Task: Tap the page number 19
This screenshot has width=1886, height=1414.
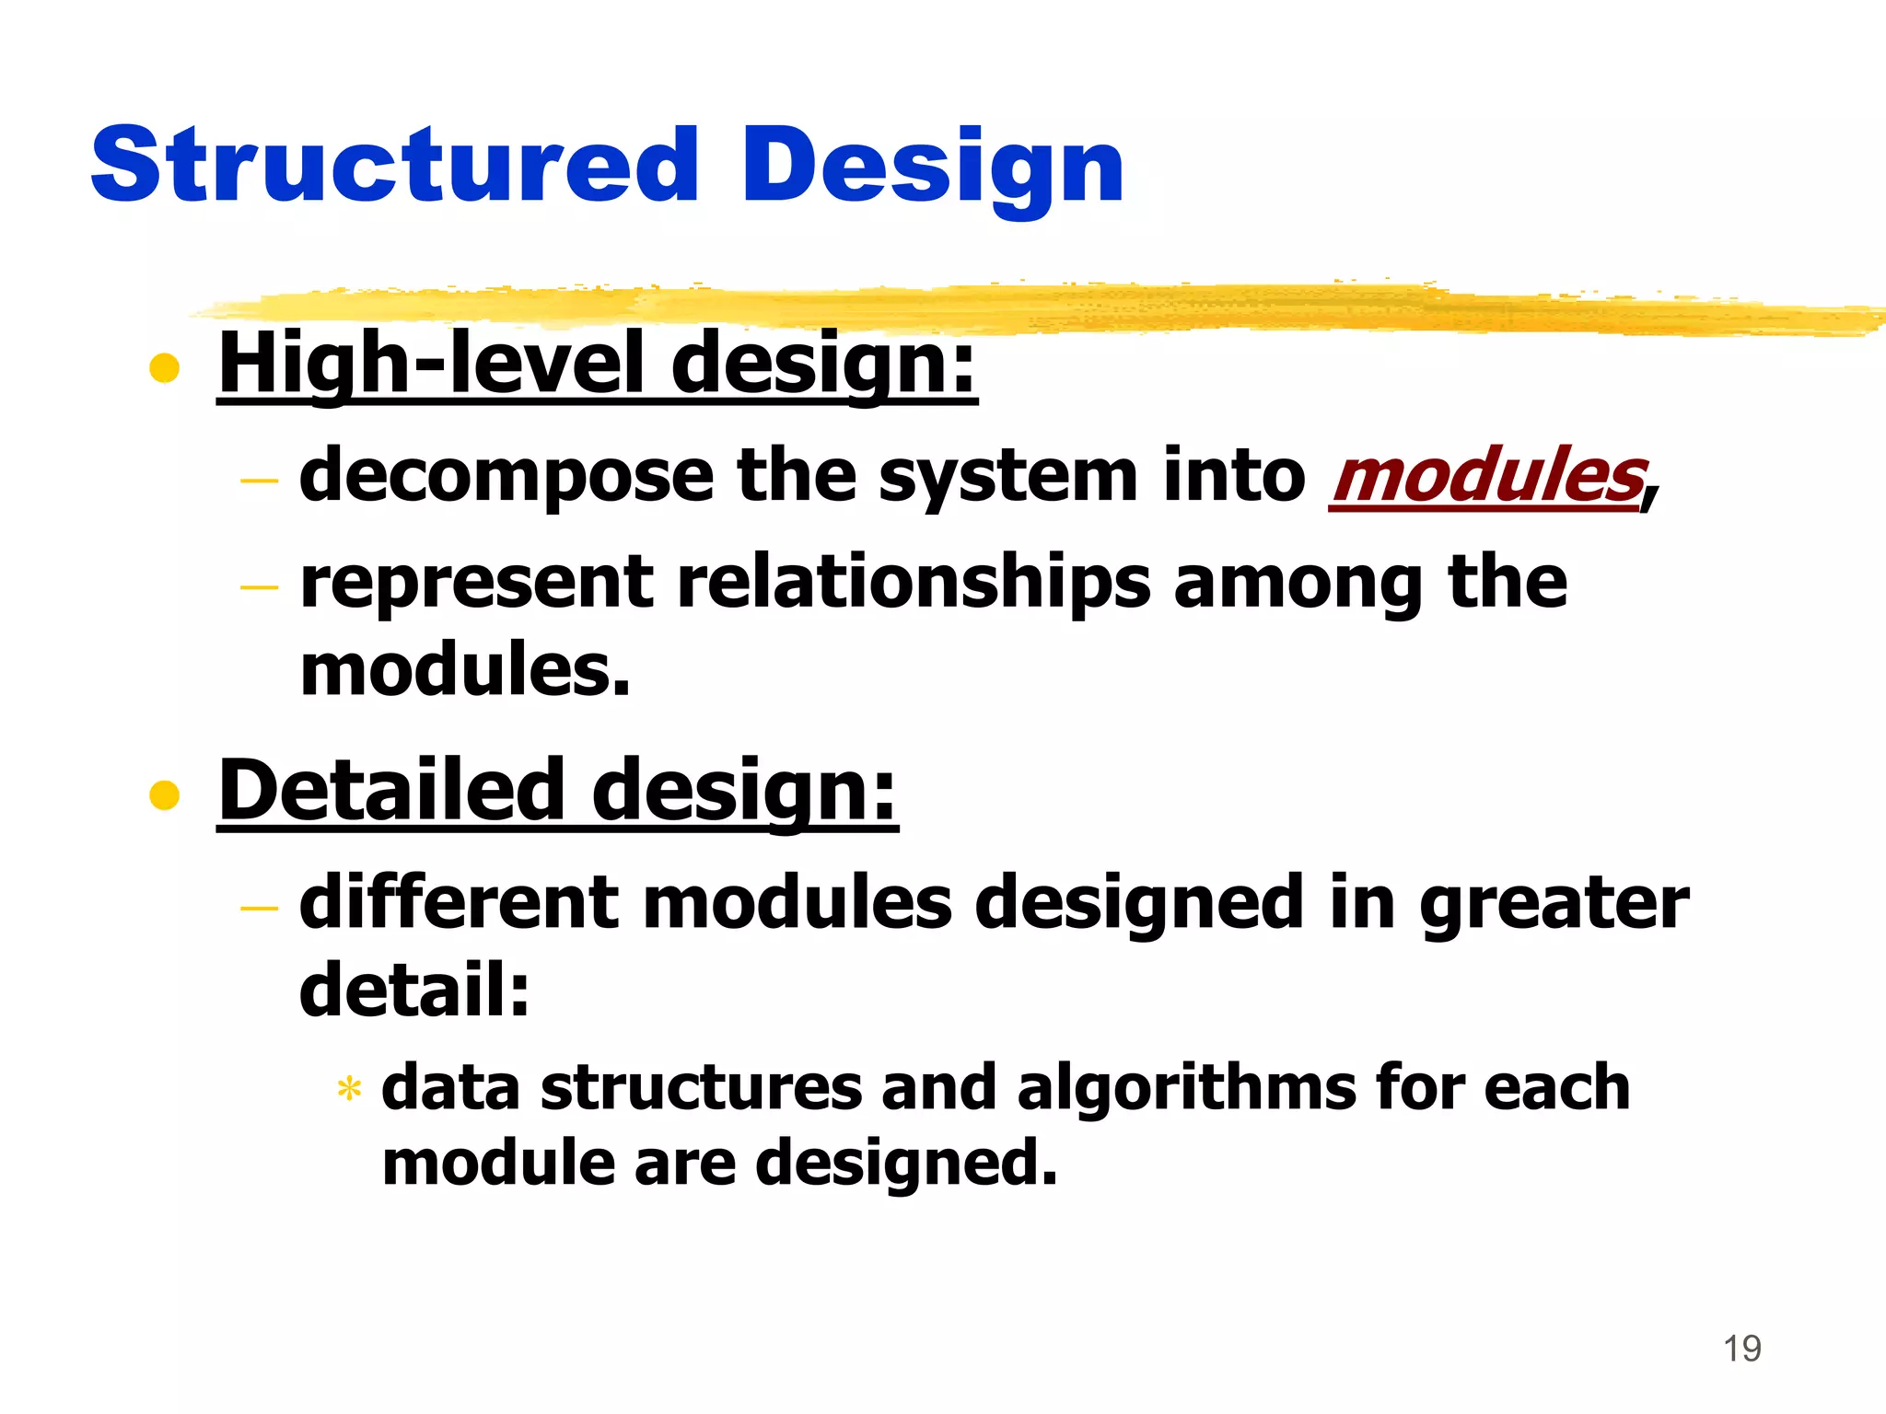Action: [1741, 1349]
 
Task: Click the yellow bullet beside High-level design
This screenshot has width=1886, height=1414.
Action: [164, 368]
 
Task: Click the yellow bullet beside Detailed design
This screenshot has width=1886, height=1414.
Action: [164, 794]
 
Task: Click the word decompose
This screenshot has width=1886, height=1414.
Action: [506, 476]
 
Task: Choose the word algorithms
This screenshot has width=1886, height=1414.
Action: [1186, 1088]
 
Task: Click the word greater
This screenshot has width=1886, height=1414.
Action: [1554, 902]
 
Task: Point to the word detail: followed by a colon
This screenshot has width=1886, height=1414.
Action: [415, 990]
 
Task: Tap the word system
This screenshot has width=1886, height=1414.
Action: [1007, 476]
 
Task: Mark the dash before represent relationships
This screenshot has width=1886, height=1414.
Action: [259, 586]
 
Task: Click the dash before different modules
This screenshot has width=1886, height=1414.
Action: [259, 908]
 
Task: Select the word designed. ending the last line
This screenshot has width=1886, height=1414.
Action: [906, 1163]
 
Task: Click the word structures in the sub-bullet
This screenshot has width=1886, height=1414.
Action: [702, 1088]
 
